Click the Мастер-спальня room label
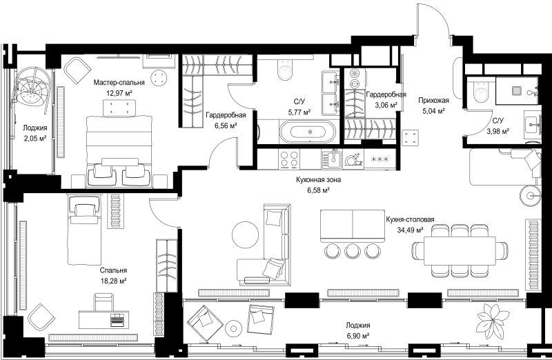click(x=119, y=83)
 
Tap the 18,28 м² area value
click(x=113, y=281)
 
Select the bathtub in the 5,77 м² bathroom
click(x=310, y=132)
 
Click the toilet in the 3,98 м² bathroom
click(x=481, y=90)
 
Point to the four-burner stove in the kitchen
click(x=288, y=159)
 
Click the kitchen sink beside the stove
click(x=332, y=159)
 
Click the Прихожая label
click(x=433, y=101)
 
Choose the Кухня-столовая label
click(x=410, y=219)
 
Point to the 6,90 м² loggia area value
click(x=357, y=336)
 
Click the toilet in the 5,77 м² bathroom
click(x=284, y=70)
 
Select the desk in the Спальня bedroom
click(x=102, y=319)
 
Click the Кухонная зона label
click(x=318, y=180)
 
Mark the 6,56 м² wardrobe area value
click(x=226, y=126)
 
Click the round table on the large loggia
click(x=234, y=328)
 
